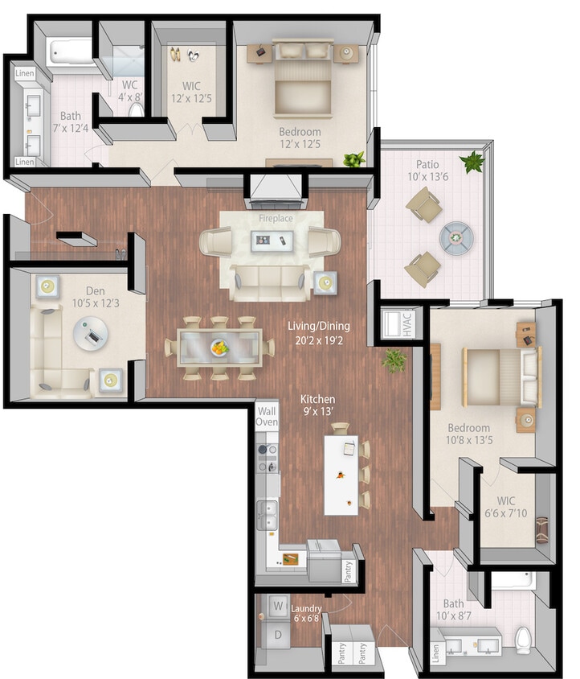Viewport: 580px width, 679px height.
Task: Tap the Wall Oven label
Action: pyautogui.click(x=267, y=416)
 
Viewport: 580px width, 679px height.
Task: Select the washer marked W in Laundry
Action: pyautogui.click(x=278, y=604)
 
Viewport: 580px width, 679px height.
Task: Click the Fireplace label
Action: pyautogui.click(x=276, y=217)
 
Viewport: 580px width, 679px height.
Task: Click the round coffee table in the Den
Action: pyautogui.click(x=90, y=331)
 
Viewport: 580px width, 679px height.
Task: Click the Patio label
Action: pyautogui.click(x=427, y=165)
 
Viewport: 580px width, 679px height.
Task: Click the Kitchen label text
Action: pyautogui.click(x=318, y=399)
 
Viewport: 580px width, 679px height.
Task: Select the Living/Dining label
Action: pyautogui.click(x=319, y=326)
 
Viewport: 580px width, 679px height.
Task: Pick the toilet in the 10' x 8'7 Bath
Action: pyautogui.click(x=524, y=637)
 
